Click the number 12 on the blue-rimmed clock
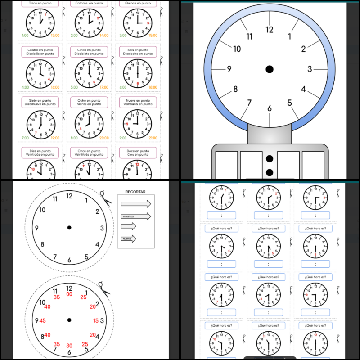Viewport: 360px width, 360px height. [x=270, y=30]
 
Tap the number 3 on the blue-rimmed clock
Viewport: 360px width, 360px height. [x=310, y=69]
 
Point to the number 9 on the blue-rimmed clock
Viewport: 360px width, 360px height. [x=229, y=69]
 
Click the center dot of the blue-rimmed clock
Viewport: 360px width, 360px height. [x=270, y=69]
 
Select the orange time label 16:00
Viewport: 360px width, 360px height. [x=55, y=88]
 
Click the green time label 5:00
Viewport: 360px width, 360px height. [x=74, y=88]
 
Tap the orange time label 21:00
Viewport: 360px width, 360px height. [x=153, y=138]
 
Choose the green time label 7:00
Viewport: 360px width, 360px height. [x=25, y=138]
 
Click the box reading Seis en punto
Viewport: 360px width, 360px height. [x=138, y=52]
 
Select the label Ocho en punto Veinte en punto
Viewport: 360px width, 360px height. [x=89, y=102]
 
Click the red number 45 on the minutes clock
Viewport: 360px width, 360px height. [x=43, y=320]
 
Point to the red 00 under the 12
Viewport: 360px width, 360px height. [x=69, y=294]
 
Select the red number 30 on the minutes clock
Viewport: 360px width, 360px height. [x=69, y=346]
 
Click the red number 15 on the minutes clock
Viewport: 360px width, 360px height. [x=95, y=320]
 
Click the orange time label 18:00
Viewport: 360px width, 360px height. [x=153, y=88]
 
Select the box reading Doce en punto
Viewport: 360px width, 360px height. [x=138, y=153]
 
